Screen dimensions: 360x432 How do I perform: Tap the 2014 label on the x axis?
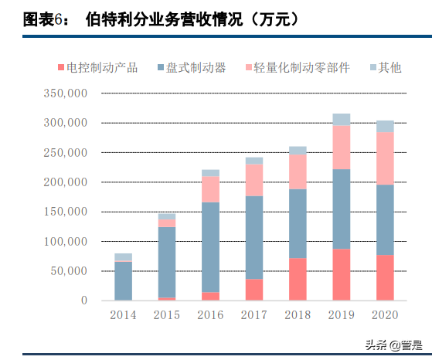click(123, 315)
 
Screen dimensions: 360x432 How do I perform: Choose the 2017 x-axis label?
click(253, 315)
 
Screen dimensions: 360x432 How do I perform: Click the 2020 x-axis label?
click(385, 315)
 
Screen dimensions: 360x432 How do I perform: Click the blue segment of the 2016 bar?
click(210, 247)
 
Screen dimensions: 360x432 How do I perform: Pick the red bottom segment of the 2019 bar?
click(341, 274)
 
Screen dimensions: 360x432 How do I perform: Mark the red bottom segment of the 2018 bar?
click(298, 279)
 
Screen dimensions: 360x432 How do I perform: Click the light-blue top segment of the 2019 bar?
click(341, 119)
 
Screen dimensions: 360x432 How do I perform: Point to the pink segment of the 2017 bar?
click(253, 180)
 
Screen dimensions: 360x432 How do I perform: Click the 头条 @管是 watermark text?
click(390, 344)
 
